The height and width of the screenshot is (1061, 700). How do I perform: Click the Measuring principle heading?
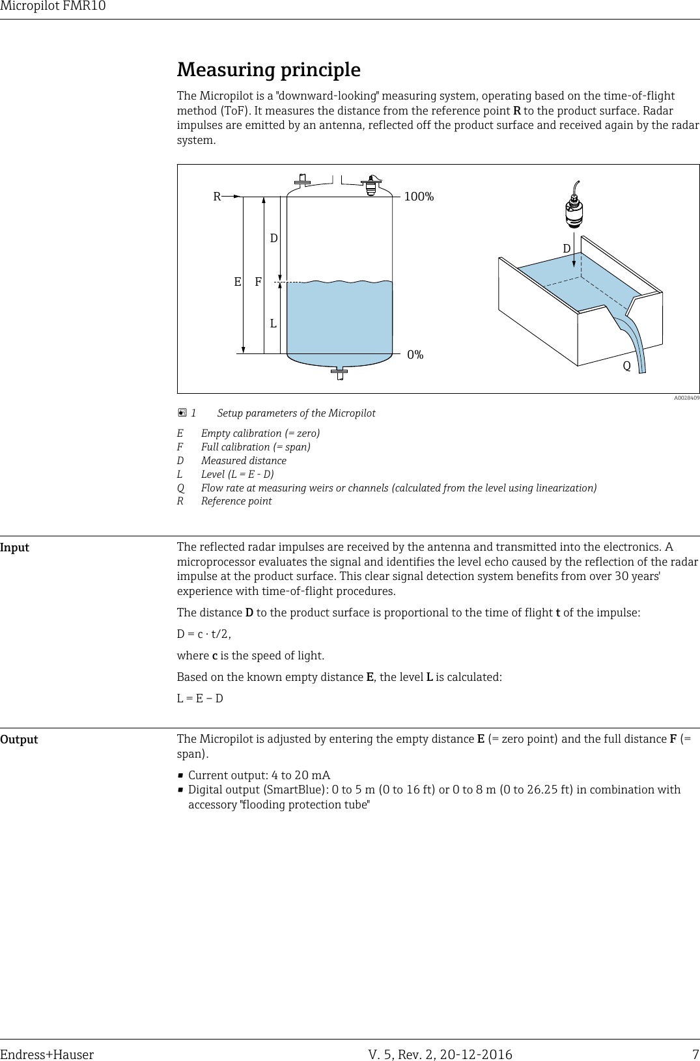click(x=269, y=70)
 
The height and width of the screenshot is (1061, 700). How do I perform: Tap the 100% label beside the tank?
click(x=419, y=197)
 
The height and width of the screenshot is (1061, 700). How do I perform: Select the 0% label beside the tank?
click(x=415, y=355)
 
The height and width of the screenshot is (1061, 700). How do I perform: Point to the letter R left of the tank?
click(x=217, y=196)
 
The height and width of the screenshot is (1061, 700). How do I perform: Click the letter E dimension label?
click(x=238, y=282)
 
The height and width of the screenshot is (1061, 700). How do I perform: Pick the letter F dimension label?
click(x=258, y=282)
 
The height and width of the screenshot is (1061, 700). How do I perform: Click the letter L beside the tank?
click(x=273, y=323)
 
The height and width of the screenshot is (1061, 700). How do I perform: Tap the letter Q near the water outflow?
click(x=626, y=366)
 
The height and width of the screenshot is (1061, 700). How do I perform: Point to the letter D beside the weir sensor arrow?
click(x=567, y=249)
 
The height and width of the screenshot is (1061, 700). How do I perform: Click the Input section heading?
click(x=15, y=547)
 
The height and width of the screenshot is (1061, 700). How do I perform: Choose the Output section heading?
click(x=19, y=739)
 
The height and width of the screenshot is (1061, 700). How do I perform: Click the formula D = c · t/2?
click(x=204, y=634)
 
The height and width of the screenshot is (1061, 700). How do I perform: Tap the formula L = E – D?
click(x=200, y=698)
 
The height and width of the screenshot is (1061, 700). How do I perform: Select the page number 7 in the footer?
click(x=695, y=1054)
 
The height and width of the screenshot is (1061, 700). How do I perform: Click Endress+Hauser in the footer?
click(x=47, y=1054)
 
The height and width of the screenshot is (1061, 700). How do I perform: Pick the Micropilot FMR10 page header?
click(x=53, y=7)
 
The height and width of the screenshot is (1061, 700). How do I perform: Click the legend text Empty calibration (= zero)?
click(x=260, y=434)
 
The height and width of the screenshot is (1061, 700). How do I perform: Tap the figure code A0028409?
click(x=686, y=397)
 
